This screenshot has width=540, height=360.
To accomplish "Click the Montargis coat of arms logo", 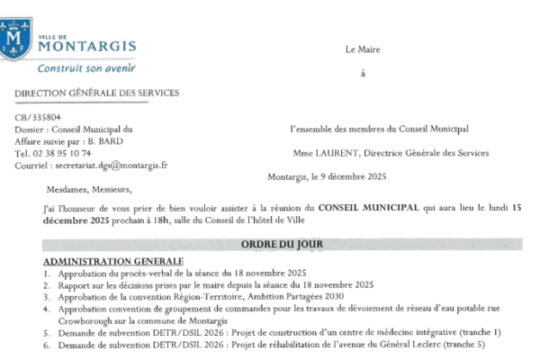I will click(14, 37).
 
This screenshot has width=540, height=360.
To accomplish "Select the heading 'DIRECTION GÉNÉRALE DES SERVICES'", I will click(96, 93).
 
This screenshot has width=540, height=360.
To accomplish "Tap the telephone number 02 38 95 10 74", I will click(62, 153).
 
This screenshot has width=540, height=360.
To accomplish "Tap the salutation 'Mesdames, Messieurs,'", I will click(88, 190).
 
